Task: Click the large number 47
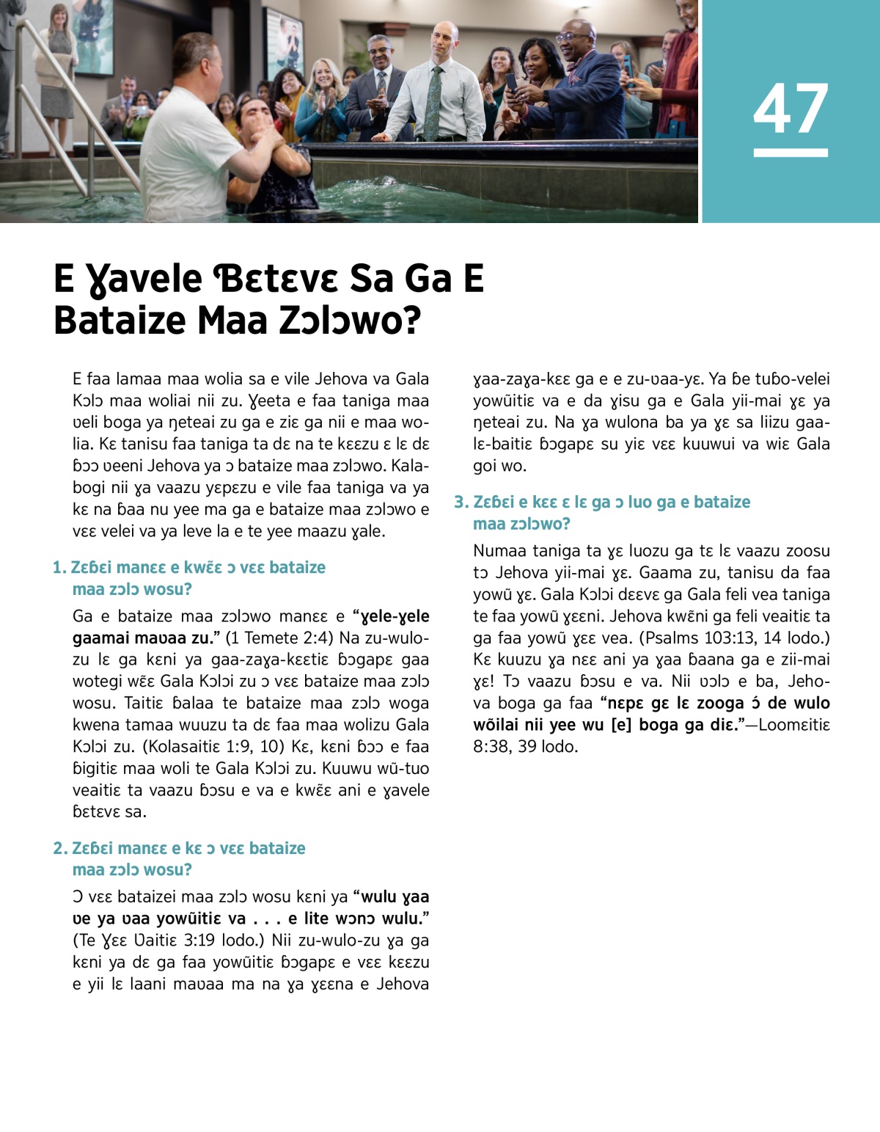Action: tap(791, 109)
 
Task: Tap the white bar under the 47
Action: tap(791, 153)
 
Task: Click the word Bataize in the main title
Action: tap(120, 321)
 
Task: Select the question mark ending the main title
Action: tap(411, 321)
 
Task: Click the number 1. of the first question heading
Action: tap(59, 568)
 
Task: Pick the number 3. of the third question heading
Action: tap(461, 503)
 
